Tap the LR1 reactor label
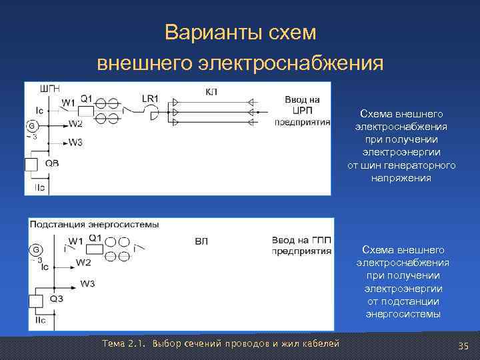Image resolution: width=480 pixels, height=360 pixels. [151, 98]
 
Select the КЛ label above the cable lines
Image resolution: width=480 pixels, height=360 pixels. [211, 91]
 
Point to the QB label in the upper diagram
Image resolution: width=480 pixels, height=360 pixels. [52, 163]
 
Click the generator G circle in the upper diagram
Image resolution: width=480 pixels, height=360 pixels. [31, 126]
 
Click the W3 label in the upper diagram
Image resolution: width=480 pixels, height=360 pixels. [75, 143]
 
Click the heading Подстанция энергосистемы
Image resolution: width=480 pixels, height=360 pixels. [94, 224]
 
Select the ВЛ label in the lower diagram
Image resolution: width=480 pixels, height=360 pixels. [201, 241]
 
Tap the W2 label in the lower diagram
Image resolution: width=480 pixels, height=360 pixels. [83, 262]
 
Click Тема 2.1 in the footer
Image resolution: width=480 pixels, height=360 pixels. [125, 343]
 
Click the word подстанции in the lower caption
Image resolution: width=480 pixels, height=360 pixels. [403, 301]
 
